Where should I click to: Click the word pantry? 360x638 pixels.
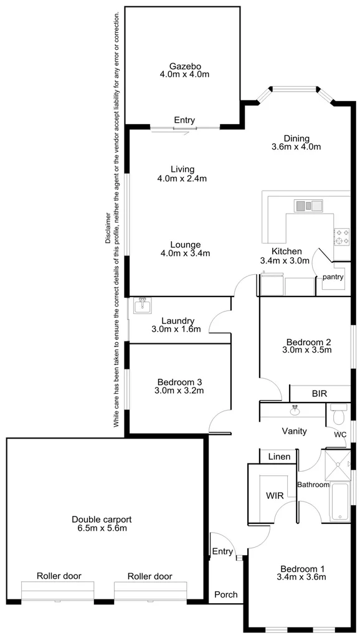333,277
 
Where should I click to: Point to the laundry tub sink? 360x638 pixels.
143,305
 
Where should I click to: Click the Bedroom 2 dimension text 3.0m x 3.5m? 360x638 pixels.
308,350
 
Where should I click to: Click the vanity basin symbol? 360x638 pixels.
296,410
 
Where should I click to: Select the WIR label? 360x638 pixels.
274,497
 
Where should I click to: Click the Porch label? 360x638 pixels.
226,594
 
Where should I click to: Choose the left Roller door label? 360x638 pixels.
59,576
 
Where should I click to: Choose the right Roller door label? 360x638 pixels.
150,576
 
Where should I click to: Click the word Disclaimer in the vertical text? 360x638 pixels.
108,228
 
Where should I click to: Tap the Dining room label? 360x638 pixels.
296,138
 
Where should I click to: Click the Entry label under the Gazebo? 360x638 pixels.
184,120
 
